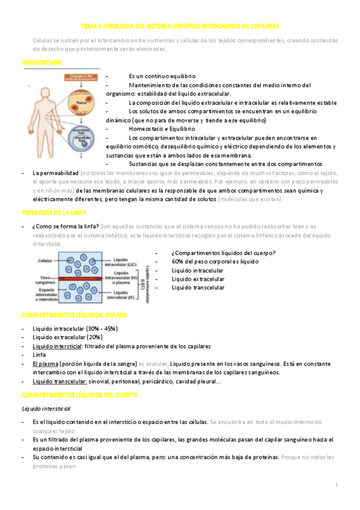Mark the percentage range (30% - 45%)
[x=101, y=329]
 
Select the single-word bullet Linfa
[x=40, y=355]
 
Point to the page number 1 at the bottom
[x=337, y=485]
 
